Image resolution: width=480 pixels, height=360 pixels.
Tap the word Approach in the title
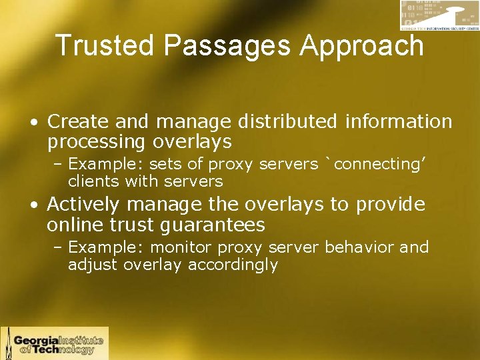coord(362,46)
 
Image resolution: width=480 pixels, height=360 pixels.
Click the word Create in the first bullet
coord(73,121)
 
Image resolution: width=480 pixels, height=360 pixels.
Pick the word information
coord(399,121)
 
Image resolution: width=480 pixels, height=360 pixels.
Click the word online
coord(75,224)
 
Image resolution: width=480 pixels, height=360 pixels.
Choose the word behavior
coord(360,247)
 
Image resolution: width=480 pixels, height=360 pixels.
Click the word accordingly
coord(233,265)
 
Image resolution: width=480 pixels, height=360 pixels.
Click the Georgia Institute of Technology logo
coord(54,343)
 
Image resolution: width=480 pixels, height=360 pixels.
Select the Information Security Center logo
coord(439,15)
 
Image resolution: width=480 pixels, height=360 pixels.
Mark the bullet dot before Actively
coord(33,205)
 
